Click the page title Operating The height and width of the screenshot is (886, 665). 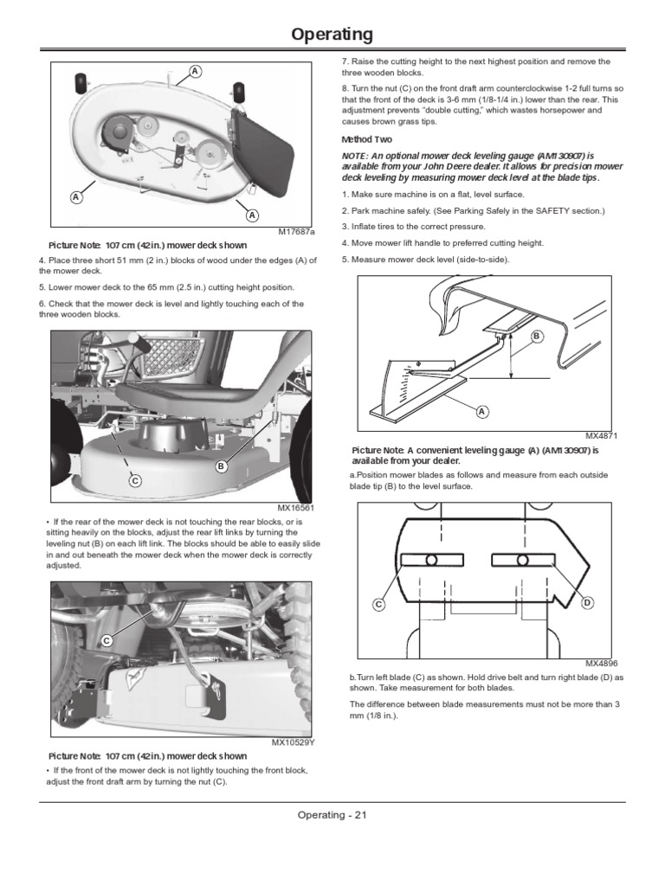[332, 35]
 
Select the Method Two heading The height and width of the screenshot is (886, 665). [366, 139]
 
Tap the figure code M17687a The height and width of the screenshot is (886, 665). [296, 232]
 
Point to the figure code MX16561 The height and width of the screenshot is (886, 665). [296, 508]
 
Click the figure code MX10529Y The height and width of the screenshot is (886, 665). [294, 742]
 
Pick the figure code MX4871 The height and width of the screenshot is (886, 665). [601, 435]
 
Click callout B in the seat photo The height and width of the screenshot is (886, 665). [221, 466]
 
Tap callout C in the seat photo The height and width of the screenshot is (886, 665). [135, 480]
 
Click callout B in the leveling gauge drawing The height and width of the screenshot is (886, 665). [535, 335]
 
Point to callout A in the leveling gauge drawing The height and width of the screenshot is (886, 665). [481, 411]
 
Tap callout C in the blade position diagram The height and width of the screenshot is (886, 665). [378, 604]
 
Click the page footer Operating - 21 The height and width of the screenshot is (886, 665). [332, 815]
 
